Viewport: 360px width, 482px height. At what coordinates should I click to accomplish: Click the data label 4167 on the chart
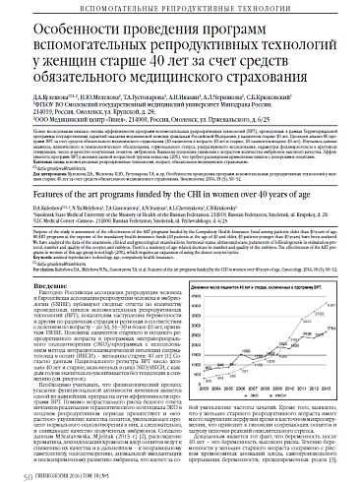[331, 305]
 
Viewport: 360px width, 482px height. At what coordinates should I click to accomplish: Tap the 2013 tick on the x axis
[328, 388]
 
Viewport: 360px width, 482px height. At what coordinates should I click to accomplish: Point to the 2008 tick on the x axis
[266, 388]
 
